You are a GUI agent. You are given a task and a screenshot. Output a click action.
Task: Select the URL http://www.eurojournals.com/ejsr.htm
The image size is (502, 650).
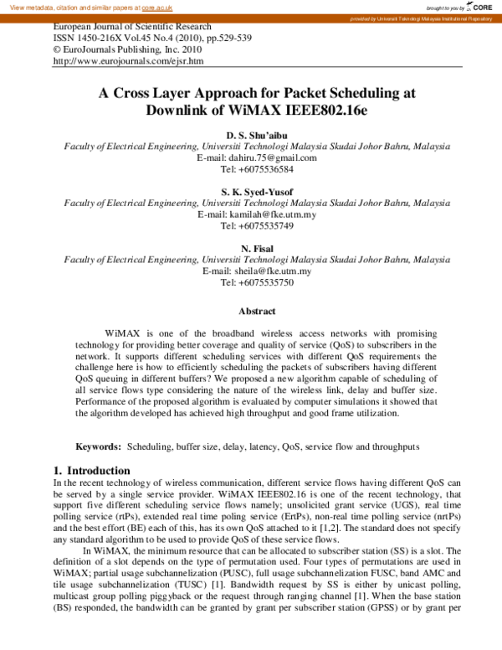(x=128, y=61)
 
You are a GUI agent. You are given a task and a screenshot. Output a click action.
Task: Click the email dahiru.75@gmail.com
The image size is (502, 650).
(x=268, y=157)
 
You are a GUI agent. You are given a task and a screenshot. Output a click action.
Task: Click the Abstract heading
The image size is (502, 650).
(x=257, y=311)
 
